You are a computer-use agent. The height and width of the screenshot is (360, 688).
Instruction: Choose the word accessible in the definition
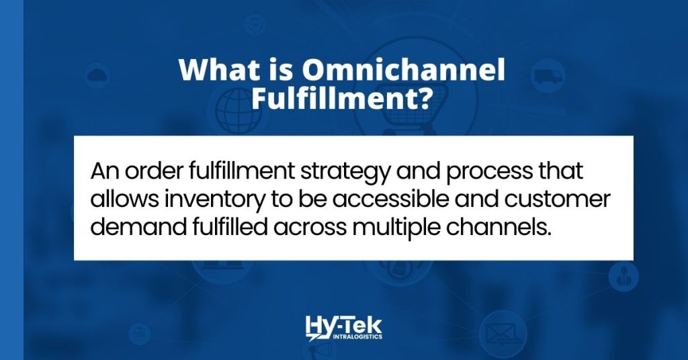(x=387, y=200)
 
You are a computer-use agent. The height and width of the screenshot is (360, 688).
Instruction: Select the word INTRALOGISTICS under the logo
(x=354, y=336)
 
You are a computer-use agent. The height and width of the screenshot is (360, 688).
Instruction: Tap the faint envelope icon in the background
(x=502, y=331)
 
